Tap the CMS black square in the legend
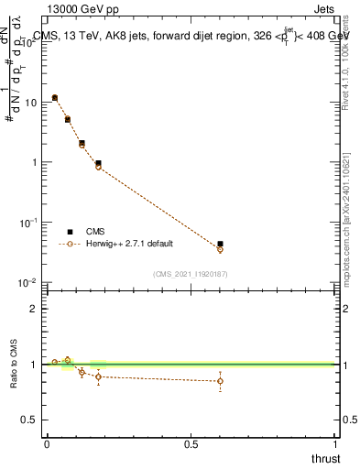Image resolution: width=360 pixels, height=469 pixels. pos(70,232)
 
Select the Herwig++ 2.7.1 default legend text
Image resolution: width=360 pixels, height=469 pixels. pos(131,244)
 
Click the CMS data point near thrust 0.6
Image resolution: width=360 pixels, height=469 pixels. pos(220,245)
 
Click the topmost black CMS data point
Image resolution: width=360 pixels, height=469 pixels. pos(55,97)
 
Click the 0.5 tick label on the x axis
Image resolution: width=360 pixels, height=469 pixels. pos(191,443)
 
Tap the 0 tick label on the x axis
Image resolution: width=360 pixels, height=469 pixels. pos(47,443)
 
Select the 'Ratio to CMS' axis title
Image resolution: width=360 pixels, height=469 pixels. pos(14,364)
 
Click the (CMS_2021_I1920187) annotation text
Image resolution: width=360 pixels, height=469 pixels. pos(191,273)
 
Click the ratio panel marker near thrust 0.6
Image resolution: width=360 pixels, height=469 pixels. pos(220,381)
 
